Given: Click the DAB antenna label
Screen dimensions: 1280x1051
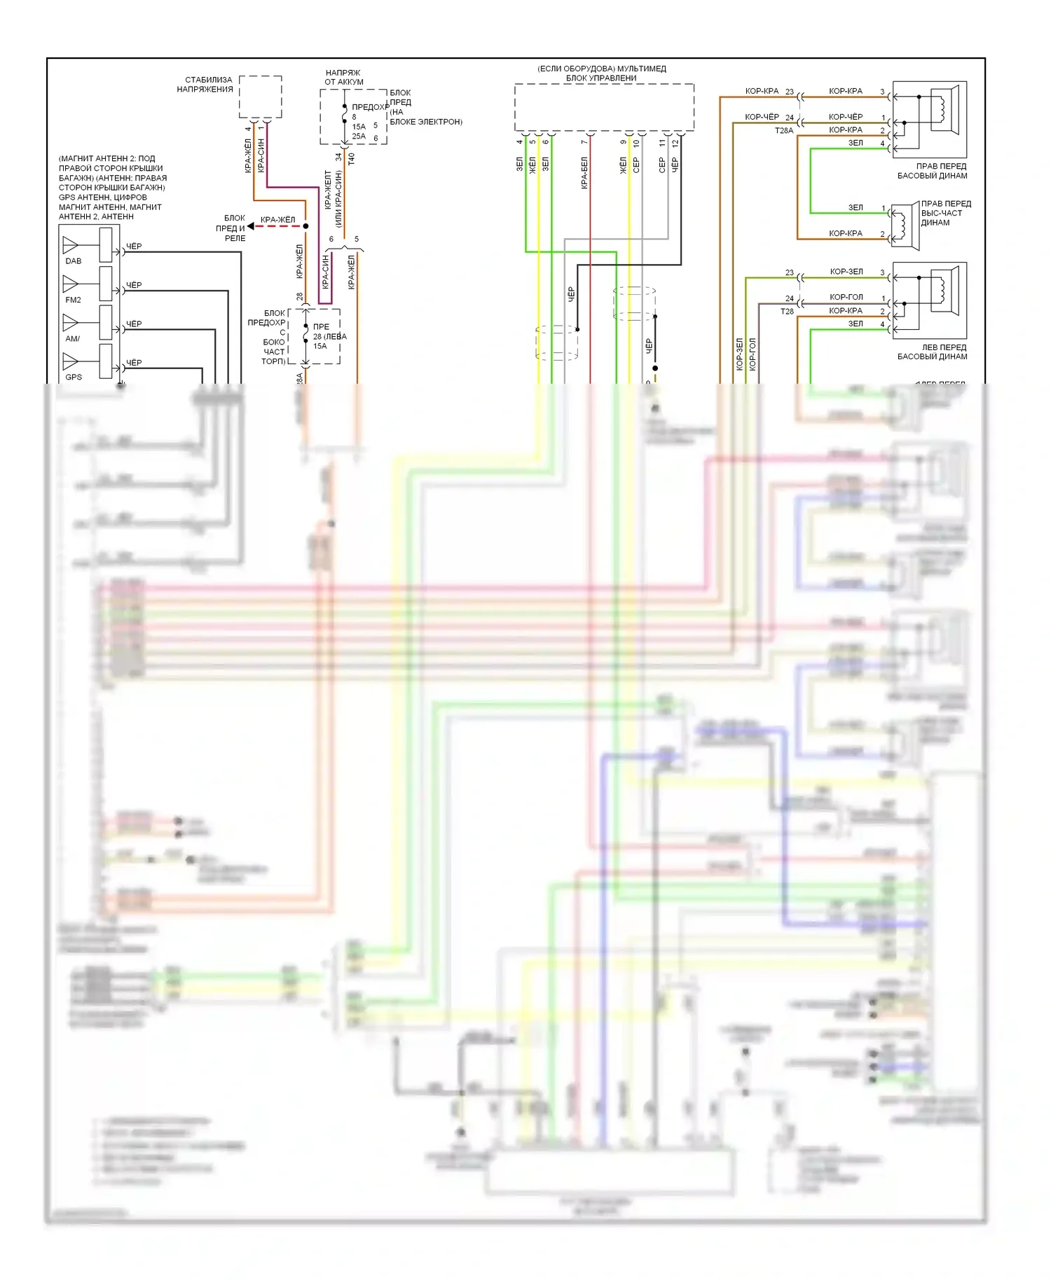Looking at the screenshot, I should click(74, 261).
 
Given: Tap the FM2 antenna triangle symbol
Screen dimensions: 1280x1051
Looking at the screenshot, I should click(70, 284).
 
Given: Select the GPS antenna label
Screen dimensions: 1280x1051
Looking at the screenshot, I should click(74, 377).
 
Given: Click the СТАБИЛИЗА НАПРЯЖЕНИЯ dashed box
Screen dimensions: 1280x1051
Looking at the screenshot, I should click(261, 97).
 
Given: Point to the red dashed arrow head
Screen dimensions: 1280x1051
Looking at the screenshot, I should click(251, 226).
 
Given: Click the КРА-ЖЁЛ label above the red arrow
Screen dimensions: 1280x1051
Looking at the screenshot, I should click(277, 220).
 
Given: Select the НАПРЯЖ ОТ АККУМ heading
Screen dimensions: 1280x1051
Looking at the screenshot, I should click(343, 77).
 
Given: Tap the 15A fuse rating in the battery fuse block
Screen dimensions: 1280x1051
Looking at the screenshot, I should click(359, 127).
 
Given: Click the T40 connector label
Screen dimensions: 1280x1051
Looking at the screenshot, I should click(352, 159).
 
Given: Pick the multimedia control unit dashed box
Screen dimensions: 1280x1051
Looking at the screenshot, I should click(604, 107).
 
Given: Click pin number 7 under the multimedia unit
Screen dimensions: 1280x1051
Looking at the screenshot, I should click(584, 143).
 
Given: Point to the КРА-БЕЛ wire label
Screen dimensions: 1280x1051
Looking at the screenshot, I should click(584, 173).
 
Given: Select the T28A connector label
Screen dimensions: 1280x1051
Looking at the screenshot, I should click(784, 131).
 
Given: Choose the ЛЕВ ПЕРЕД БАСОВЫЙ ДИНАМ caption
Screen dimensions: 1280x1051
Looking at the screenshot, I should click(932, 352).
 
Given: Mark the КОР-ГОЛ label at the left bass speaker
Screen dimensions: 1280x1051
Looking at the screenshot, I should click(846, 297).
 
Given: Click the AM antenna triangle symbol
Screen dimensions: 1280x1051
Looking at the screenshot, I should click(70, 322).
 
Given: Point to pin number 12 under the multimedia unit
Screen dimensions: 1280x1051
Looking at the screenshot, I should click(675, 143).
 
